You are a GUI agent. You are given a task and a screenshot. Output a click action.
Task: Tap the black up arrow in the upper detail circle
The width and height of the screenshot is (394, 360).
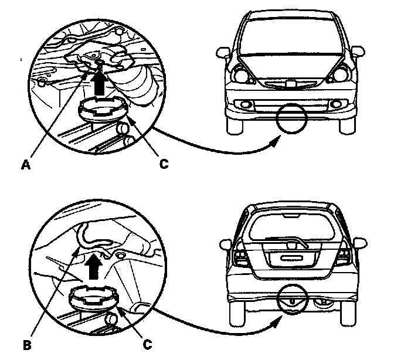(100, 80)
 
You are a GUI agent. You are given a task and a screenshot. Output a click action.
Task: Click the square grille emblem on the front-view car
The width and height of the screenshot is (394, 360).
(290, 86)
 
